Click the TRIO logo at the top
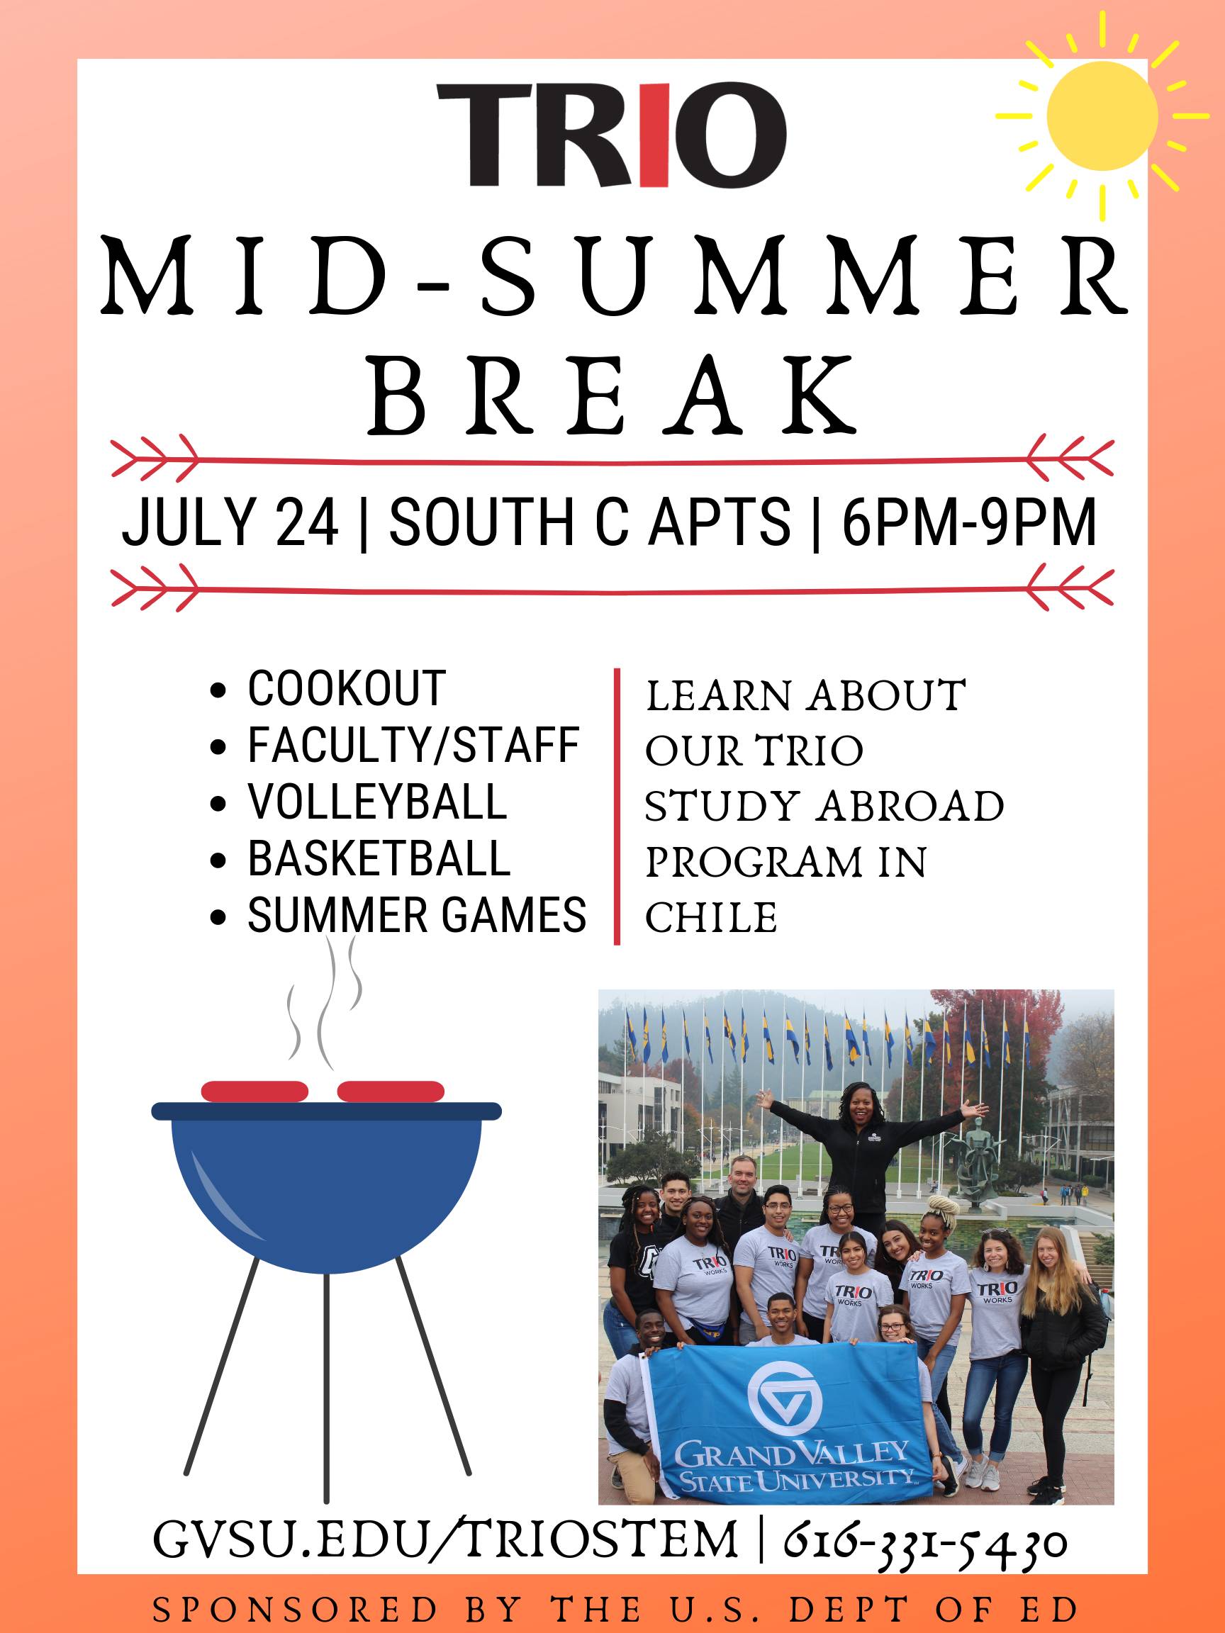612,135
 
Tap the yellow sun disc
1102,116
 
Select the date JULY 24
230,522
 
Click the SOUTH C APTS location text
590,522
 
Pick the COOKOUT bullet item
347,688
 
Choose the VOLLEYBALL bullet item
377,802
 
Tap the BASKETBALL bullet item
379,858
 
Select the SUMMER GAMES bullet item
417,916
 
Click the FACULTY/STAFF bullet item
413,745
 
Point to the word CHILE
711,918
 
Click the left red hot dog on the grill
254,1091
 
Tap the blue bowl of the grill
326,1190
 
